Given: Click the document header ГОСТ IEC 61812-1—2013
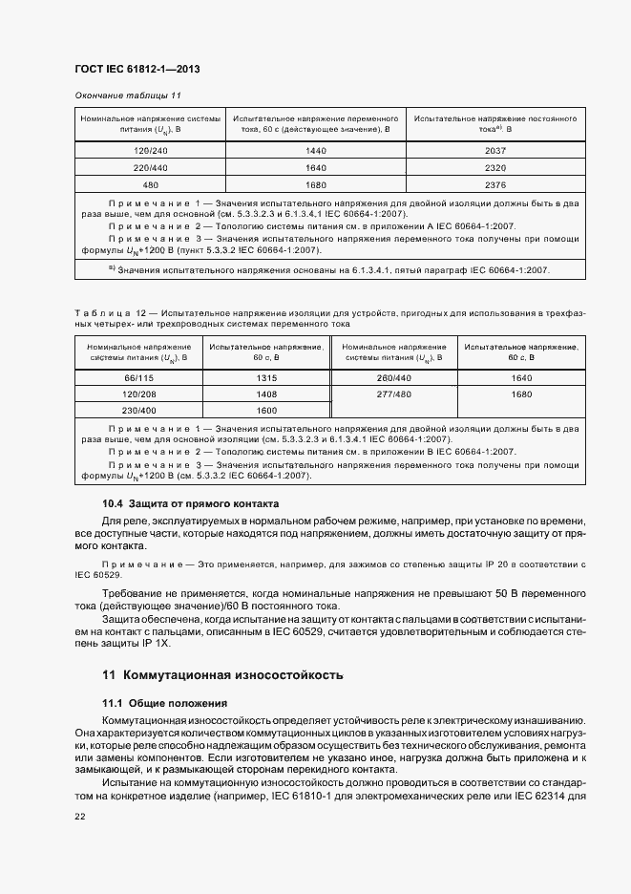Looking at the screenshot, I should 137,70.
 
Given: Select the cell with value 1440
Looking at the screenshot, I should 316,152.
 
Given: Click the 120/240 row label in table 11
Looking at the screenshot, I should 151,152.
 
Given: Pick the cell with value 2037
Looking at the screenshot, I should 494,152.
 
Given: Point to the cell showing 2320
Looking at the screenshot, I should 494,168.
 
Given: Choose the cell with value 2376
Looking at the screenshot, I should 494,184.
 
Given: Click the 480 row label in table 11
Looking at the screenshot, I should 151,184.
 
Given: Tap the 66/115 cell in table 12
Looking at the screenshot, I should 139,377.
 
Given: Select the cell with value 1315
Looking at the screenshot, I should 266,377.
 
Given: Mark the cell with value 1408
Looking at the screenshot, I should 266,394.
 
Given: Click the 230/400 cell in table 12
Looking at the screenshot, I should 139,410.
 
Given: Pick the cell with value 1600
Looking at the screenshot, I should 266,410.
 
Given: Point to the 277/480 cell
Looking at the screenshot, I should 393,394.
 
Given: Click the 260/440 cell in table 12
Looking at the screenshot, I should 393,377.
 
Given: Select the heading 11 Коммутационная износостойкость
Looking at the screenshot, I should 221,674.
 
